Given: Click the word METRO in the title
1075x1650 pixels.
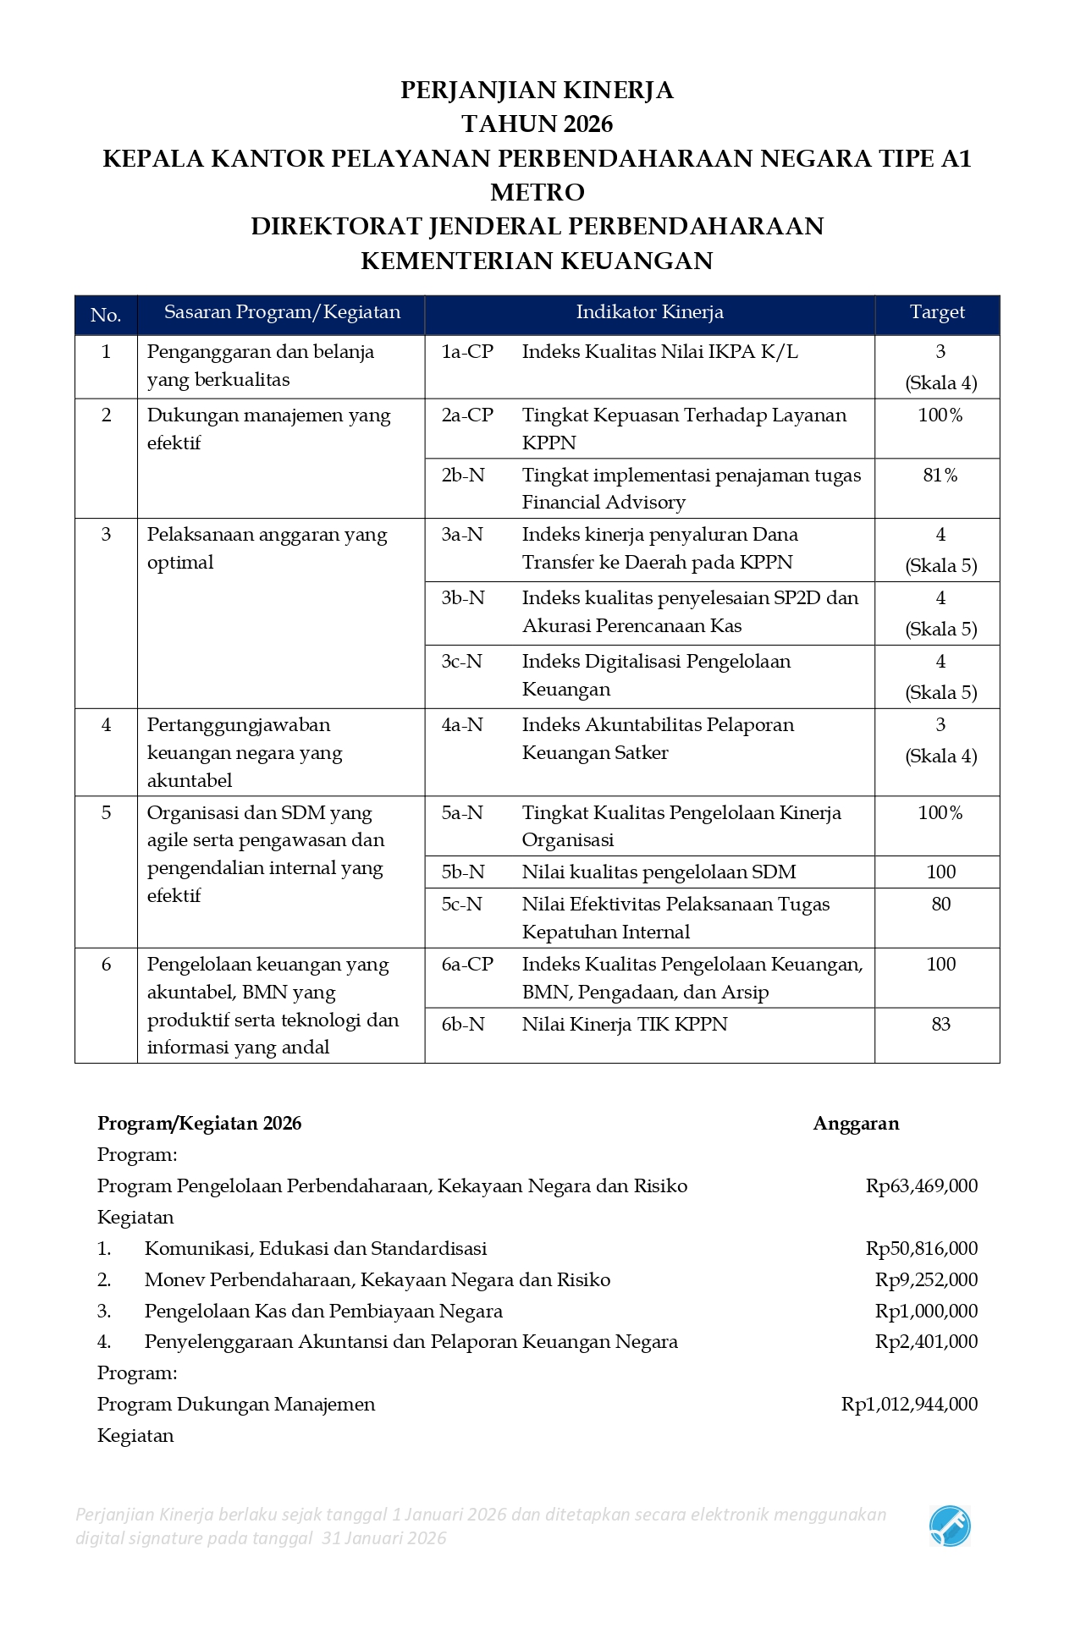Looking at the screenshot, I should tap(537, 192).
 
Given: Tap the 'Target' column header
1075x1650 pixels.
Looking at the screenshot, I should tap(937, 312).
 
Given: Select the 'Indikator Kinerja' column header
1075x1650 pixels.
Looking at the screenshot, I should tap(649, 312).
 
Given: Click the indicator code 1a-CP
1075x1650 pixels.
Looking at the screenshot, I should tap(467, 352).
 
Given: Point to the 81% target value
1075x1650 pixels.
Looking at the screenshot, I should tap(940, 476).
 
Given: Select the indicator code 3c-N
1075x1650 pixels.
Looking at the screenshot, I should tap(462, 662).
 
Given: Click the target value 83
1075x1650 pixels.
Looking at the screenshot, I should tap(940, 1025).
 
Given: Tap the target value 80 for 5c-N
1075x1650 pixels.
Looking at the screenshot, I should tap(940, 905).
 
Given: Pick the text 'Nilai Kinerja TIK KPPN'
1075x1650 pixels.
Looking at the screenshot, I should tap(625, 1025).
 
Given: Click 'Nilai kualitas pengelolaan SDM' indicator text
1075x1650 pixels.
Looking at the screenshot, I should tap(659, 872).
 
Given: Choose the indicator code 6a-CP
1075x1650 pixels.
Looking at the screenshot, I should tap(467, 965).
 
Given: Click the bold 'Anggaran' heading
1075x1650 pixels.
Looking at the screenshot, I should tap(856, 1124).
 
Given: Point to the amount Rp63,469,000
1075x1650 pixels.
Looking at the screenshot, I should tap(921, 1186).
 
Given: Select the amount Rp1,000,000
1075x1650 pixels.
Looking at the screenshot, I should tap(926, 1312).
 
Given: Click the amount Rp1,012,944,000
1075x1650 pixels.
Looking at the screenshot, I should tap(909, 1405).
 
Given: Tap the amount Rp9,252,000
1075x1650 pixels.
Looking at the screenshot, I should tap(926, 1280).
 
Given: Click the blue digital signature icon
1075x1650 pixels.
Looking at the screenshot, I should tap(950, 1526).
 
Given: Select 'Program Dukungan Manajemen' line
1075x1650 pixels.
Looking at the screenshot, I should tap(236, 1405).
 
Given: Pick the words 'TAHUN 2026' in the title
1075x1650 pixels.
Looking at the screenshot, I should tap(537, 124).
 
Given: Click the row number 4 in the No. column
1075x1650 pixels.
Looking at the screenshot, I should tap(106, 725).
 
